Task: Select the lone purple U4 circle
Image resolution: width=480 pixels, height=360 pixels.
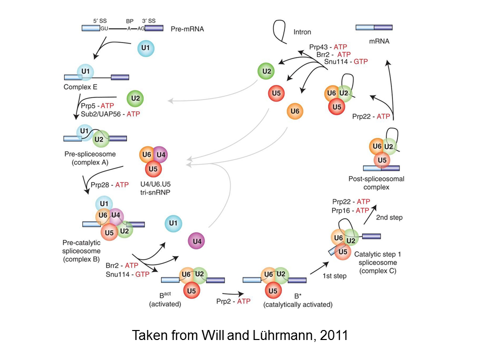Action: [x=197, y=241]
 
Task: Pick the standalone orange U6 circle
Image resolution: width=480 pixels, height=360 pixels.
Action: [x=295, y=112]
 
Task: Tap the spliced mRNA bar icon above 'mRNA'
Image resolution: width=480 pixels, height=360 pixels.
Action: [x=373, y=28]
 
